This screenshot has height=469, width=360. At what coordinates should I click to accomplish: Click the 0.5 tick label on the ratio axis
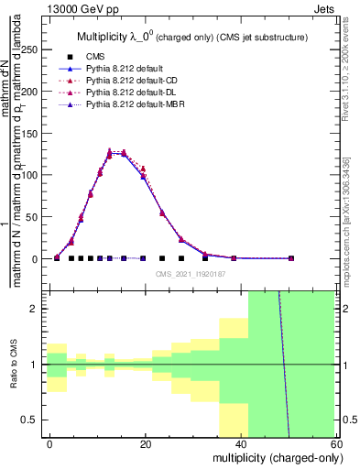click(31, 420)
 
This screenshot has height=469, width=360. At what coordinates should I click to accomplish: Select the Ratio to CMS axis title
click(13, 365)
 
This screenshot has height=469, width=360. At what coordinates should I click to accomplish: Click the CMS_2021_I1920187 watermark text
click(189, 274)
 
